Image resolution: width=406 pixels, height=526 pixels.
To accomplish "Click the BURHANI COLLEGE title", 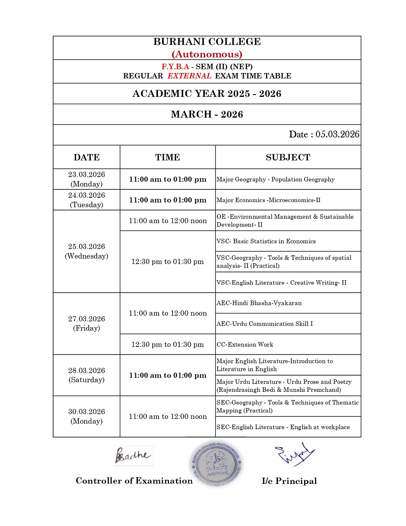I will pyautogui.click(x=207, y=42).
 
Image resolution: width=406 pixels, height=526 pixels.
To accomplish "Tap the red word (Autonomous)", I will pyautogui.click(x=207, y=54).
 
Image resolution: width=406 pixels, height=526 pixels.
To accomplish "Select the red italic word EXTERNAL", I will pyautogui.click(x=189, y=76).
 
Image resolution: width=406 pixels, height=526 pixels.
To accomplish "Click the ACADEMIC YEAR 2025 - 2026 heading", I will pyautogui.click(x=207, y=94).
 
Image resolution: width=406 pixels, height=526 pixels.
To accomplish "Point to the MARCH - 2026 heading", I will pyautogui.click(x=207, y=114).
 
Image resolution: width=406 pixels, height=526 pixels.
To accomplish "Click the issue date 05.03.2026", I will pyautogui.click(x=337, y=135).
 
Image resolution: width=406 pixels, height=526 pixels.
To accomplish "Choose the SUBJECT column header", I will pyautogui.click(x=288, y=157).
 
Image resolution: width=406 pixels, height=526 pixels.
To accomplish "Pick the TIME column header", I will pyautogui.click(x=167, y=157).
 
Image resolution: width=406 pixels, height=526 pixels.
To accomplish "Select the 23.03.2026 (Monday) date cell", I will pyautogui.click(x=86, y=179).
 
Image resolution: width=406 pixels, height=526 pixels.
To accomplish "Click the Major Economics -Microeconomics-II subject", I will pyautogui.click(x=268, y=200).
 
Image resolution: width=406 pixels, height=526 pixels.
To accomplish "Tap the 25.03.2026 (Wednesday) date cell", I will pyautogui.click(x=86, y=251).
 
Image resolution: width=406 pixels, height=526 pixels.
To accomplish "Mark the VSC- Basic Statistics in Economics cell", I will pyautogui.click(x=266, y=241).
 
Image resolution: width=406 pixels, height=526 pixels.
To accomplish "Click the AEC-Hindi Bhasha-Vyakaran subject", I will pyautogui.click(x=259, y=303).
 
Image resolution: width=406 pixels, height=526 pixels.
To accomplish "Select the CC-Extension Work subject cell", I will pyautogui.click(x=245, y=345).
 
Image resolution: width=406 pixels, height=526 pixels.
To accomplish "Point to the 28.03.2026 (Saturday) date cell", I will pyautogui.click(x=86, y=375).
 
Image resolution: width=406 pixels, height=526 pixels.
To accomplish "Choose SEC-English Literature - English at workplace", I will pyautogui.click(x=283, y=427).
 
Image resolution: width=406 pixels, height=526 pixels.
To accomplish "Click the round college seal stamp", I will pyautogui.click(x=216, y=463).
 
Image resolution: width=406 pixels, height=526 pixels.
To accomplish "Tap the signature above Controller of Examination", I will pyautogui.click(x=133, y=456).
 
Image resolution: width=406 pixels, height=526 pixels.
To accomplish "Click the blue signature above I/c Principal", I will pyautogui.click(x=294, y=454).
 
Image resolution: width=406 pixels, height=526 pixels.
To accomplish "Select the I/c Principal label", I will pyautogui.click(x=289, y=481).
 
